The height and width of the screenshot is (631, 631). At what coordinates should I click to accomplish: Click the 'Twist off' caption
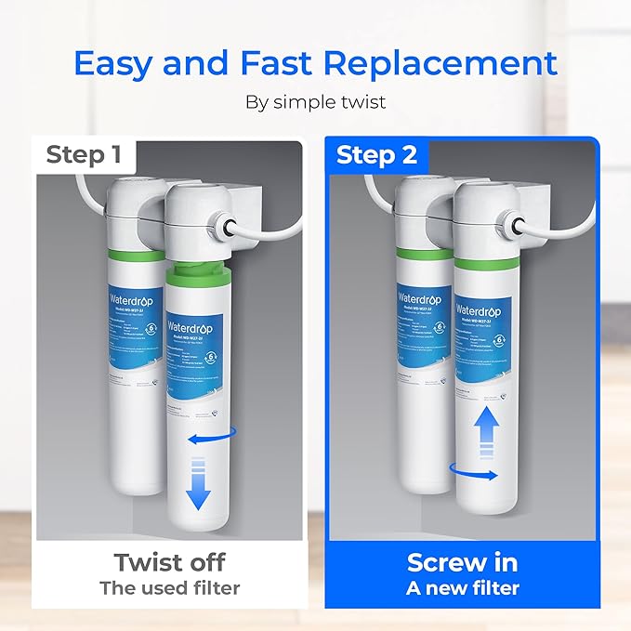(169, 562)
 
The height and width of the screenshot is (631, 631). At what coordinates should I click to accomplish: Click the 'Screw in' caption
(462, 562)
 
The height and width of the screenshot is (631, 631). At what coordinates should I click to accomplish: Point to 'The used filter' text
(169, 587)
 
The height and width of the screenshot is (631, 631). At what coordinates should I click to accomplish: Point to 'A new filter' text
(462, 587)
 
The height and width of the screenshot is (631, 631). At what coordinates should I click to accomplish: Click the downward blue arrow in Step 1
(198, 488)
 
